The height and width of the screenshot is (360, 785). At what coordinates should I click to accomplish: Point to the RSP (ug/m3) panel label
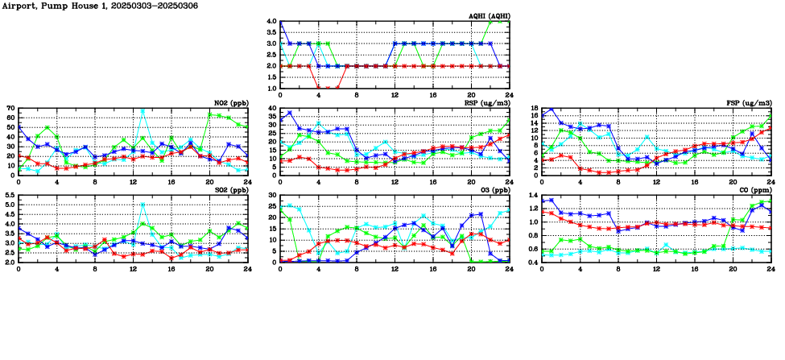coord(486,103)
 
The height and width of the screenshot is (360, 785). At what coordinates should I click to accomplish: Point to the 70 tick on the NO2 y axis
coord(10,108)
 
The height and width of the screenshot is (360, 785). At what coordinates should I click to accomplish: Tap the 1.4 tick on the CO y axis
coord(532,196)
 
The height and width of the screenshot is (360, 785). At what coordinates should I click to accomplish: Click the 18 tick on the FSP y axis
coord(534,108)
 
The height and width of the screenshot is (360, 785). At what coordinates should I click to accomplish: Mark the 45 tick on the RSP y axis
coord(272,108)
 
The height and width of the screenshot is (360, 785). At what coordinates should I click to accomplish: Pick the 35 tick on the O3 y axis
coord(272,196)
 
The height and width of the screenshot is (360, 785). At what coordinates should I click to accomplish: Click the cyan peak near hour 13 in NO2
coord(143,111)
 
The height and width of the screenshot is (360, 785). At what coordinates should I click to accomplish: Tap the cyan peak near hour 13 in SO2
coord(143,205)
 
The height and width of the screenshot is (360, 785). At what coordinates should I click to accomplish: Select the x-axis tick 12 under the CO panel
coord(656,267)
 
